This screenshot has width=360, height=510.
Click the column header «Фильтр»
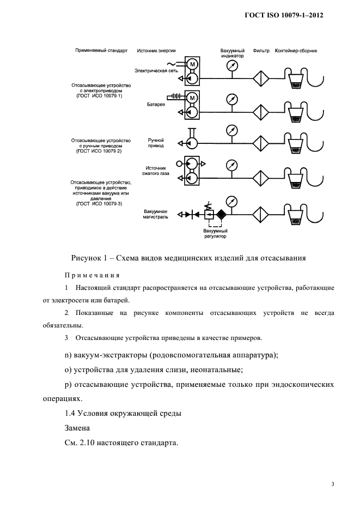pos(261,51)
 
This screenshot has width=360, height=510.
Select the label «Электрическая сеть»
pos(158,71)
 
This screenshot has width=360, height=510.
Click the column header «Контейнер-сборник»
pos(296,51)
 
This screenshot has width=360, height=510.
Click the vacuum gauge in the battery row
pos(232,99)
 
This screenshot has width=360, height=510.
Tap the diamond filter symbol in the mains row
pos(262,77)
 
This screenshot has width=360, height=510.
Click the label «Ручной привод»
pos(156,143)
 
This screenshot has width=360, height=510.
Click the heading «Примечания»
pos(92,275)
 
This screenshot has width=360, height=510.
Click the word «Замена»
pos(78,429)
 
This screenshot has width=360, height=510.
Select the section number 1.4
pos(71,414)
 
